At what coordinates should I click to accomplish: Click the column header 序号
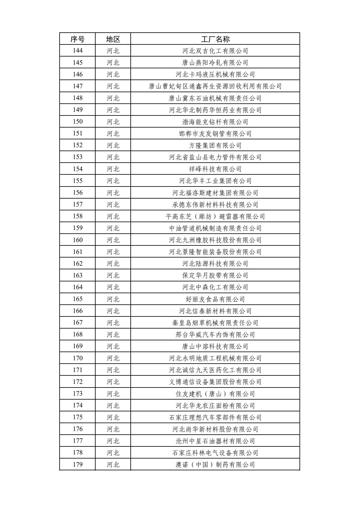click(77, 39)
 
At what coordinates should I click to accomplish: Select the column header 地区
click(113, 39)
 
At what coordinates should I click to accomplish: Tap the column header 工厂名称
click(215, 39)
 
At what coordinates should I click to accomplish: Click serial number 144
click(77, 51)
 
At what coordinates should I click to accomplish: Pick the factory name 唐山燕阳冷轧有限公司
click(215, 63)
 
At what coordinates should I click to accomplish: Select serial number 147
click(77, 86)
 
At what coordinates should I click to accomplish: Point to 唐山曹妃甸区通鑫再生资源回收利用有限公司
click(215, 86)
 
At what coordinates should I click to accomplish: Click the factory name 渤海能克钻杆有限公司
click(215, 122)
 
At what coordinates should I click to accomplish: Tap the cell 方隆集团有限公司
click(215, 145)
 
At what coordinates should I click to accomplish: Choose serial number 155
click(77, 181)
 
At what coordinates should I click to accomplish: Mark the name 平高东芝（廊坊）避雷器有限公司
click(215, 216)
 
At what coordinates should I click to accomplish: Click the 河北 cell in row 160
click(113, 240)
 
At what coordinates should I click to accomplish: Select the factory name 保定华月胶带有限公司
click(215, 275)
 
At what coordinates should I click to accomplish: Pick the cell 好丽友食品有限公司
click(215, 299)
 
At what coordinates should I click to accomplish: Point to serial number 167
click(77, 323)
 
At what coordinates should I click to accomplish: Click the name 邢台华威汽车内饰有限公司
click(215, 335)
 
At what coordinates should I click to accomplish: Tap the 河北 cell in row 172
click(113, 382)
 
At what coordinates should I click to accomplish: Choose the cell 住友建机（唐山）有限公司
click(215, 394)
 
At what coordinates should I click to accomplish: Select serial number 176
click(77, 429)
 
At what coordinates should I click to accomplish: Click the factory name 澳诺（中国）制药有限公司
click(215, 465)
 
